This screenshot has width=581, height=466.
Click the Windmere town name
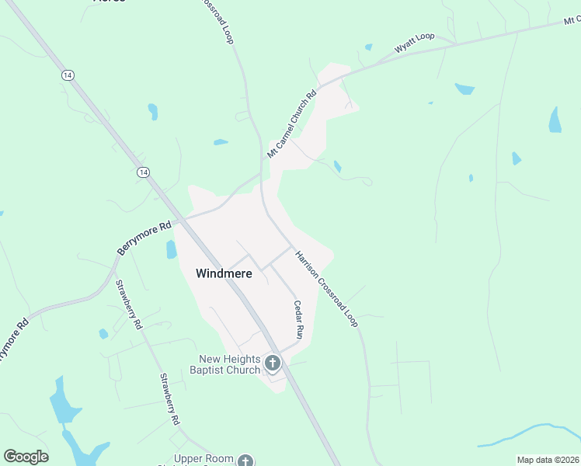tap(223, 273)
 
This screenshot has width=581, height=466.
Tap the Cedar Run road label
tap(297, 318)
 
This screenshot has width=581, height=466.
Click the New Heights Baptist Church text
tap(229, 364)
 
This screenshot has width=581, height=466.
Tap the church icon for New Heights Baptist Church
tap(273, 363)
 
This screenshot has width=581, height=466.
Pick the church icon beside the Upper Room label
tap(245, 461)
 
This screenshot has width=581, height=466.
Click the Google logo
tap(26, 457)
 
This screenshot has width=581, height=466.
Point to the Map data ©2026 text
tap(548, 460)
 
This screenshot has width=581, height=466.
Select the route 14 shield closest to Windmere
tap(142, 172)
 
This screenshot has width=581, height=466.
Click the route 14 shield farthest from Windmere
tap(68, 75)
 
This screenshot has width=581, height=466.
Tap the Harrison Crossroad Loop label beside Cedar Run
tap(326, 288)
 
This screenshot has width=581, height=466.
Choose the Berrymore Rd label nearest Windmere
tap(144, 239)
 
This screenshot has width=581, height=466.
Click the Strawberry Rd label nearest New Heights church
tap(169, 398)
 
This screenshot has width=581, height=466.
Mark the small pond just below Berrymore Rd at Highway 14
tap(171, 249)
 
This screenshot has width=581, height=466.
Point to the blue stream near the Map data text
tap(528, 432)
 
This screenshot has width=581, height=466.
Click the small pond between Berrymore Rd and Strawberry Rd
tap(103, 334)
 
